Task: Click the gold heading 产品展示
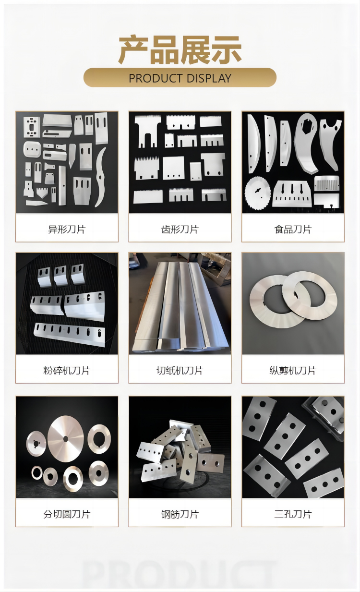pyautogui.click(x=180, y=50)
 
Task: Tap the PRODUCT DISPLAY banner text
pyautogui.click(x=180, y=78)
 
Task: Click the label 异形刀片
pyautogui.click(x=67, y=229)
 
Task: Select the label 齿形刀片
pyautogui.click(x=180, y=229)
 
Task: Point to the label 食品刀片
pyautogui.click(x=293, y=229)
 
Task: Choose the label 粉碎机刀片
pyautogui.click(x=67, y=370)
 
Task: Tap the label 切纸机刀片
pyautogui.click(x=180, y=370)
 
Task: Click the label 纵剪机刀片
pyautogui.click(x=293, y=370)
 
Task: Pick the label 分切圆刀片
pyautogui.click(x=67, y=514)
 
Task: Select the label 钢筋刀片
pyautogui.click(x=180, y=514)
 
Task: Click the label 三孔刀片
pyautogui.click(x=293, y=514)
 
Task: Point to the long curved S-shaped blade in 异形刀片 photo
pyautogui.click(x=101, y=177)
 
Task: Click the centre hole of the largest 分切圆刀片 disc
pyautogui.click(x=65, y=439)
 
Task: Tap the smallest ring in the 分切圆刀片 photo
pyautogui.click(x=36, y=472)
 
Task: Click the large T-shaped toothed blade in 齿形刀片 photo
pyautogui.click(x=147, y=130)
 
